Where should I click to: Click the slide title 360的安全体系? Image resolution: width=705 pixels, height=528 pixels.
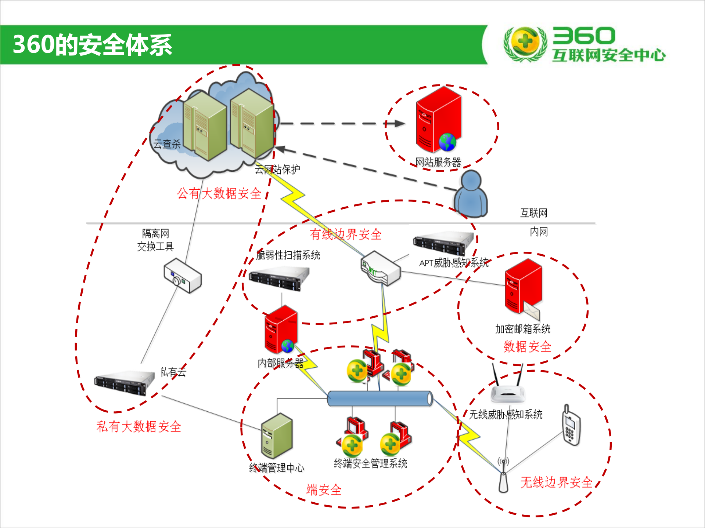pos(92,45)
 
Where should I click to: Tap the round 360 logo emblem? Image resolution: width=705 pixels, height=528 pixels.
pos(525,43)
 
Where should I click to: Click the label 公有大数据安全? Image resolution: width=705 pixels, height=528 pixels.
pos(219,193)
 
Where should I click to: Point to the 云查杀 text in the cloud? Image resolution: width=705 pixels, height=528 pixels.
pos(167,144)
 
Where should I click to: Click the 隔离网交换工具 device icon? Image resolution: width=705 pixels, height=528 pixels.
pos(183,276)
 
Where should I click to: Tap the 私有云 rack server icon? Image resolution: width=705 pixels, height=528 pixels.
pos(124,382)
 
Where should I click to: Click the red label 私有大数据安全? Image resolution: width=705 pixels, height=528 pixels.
pos(139,426)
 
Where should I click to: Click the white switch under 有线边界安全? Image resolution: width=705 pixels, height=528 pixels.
pos(381,268)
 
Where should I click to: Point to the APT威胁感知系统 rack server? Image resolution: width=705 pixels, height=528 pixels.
pos(443,243)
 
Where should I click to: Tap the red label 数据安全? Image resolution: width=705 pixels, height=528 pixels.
pos(527,346)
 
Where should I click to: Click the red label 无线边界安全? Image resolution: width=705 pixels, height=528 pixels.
pos(556,482)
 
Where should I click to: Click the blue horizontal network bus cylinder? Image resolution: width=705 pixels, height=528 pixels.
pos(380,398)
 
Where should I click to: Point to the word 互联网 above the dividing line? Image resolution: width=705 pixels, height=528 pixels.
pos(533,213)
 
